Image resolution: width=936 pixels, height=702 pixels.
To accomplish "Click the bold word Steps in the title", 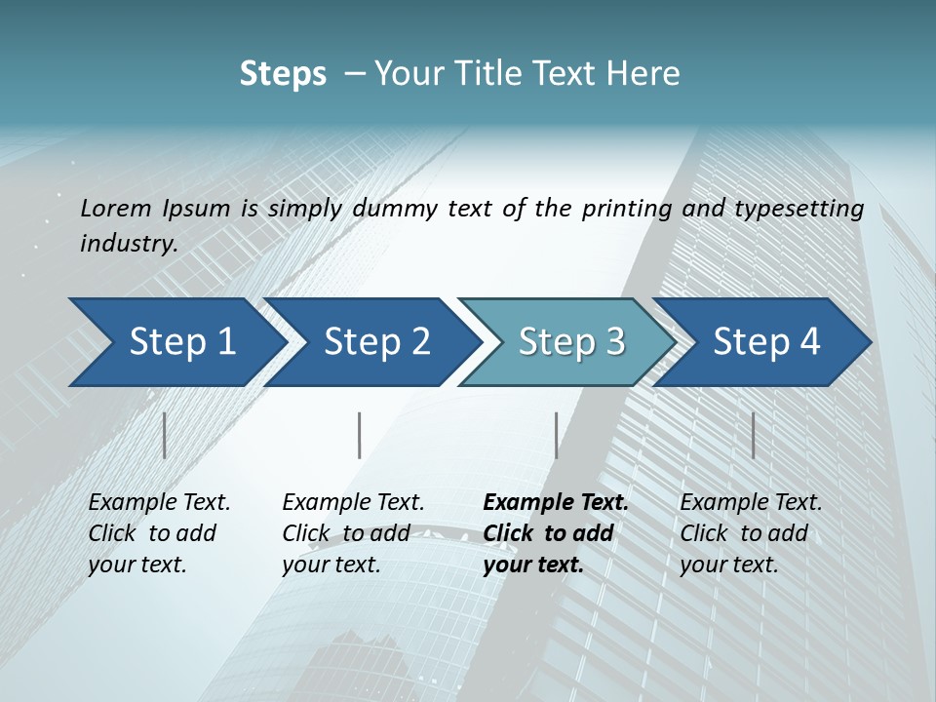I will tap(283, 74).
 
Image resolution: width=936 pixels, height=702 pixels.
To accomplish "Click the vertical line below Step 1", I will tap(165, 435).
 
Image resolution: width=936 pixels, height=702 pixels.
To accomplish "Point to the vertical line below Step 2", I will tap(360, 435).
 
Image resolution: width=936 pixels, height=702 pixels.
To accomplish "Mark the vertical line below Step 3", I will tap(557, 435).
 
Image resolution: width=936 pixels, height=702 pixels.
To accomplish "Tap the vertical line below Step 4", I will tap(753, 435).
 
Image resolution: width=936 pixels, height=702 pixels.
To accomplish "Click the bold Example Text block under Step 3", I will tap(556, 533).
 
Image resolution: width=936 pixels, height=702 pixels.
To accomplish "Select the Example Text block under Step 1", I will tap(159, 533).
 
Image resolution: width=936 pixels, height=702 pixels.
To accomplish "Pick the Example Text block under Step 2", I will tap(353, 533).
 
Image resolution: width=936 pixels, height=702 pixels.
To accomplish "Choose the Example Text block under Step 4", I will tap(751, 533).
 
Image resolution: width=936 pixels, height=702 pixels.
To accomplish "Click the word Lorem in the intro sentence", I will tap(116, 209).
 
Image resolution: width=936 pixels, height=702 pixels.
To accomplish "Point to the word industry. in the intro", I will tap(129, 244).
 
